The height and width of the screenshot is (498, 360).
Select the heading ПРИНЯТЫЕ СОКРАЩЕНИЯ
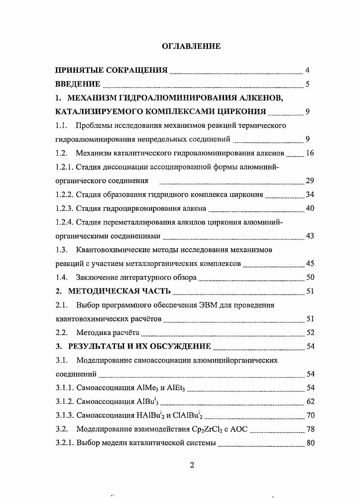tap(111, 70)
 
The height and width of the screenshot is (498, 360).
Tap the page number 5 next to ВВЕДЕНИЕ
tap(307, 84)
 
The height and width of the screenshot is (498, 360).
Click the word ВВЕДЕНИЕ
tap(78, 84)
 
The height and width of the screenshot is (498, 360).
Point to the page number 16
tap(309, 153)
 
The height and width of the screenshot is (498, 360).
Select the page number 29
tap(309, 181)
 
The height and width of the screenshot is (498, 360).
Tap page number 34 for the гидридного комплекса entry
tap(309, 195)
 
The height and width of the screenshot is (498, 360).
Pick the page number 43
tap(309, 236)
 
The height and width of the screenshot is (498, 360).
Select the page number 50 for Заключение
tap(309, 278)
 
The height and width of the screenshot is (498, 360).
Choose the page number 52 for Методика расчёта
tap(309, 333)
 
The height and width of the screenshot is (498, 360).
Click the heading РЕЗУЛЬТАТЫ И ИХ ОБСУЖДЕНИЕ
tap(139, 347)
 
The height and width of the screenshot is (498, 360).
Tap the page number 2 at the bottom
tap(192, 466)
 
